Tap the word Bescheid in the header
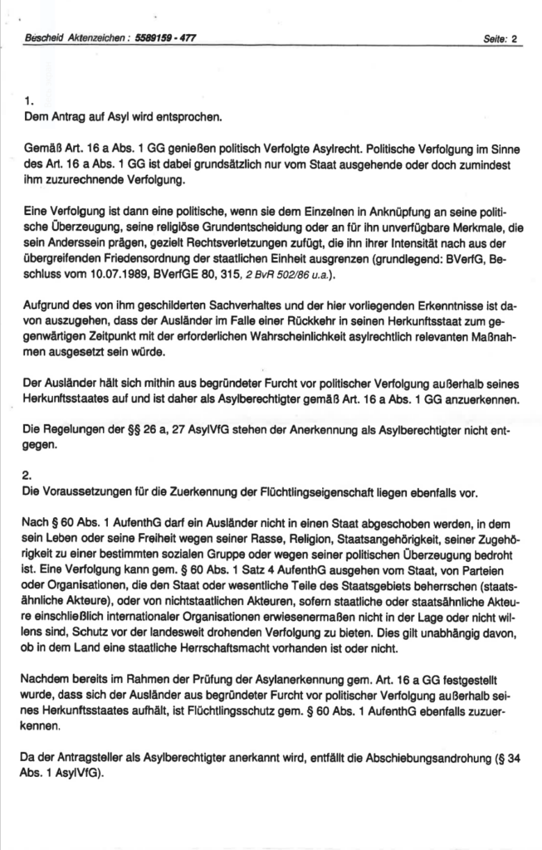tap(43, 38)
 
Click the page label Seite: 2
tap(500, 38)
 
